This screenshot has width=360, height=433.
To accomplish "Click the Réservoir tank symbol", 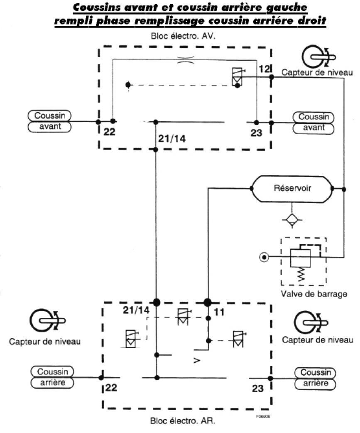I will click(x=292, y=188).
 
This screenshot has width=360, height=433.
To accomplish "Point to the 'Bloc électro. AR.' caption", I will click(x=183, y=420).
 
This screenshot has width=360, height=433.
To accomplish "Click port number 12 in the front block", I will click(x=264, y=69).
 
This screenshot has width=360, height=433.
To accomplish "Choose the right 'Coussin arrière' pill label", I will click(x=314, y=378).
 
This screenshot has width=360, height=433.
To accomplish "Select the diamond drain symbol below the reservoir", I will click(x=293, y=219).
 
